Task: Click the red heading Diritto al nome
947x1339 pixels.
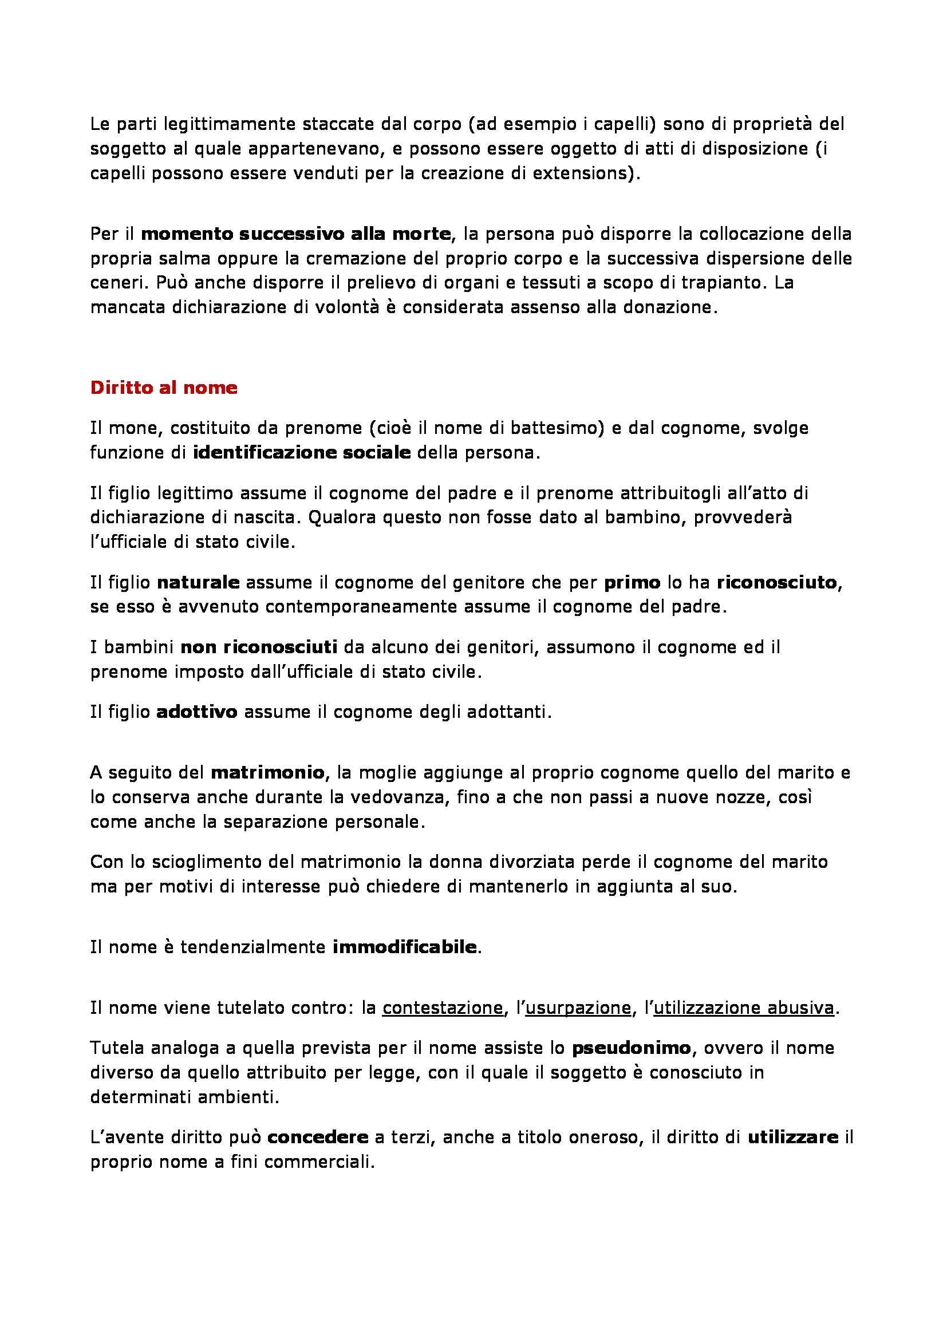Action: (x=164, y=388)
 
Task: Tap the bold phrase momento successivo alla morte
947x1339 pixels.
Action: (x=296, y=234)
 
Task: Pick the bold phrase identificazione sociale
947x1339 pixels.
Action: (x=302, y=453)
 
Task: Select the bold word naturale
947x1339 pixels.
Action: (x=198, y=582)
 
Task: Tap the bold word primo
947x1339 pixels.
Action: (x=632, y=582)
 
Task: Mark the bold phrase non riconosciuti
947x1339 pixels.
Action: (x=259, y=647)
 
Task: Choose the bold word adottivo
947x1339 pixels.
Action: (x=197, y=712)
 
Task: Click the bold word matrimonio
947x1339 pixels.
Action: (x=267, y=773)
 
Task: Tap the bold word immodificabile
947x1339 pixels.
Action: (x=405, y=946)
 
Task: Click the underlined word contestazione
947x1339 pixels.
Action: (x=442, y=1008)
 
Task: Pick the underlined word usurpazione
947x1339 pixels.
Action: (x=578, y=1008)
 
